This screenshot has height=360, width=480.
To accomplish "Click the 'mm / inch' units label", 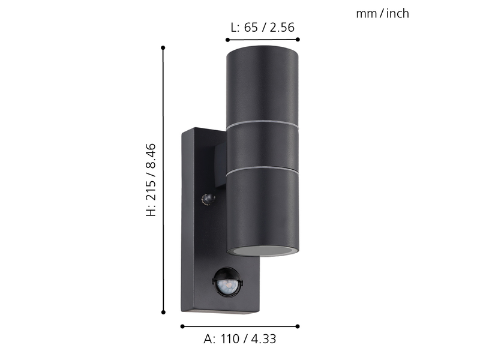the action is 382,14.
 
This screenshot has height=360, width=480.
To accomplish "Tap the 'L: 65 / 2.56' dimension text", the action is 262,28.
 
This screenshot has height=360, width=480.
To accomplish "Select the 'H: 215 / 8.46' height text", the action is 151,180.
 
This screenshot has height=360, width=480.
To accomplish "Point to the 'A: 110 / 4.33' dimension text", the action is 239,339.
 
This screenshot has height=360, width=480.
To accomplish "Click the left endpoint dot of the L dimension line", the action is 227,40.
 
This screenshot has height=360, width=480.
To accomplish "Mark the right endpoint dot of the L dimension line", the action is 298,40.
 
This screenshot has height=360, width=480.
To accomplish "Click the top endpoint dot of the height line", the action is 163,48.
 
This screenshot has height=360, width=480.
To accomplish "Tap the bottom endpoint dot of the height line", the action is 163,312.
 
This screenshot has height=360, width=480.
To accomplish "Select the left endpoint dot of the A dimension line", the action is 182,326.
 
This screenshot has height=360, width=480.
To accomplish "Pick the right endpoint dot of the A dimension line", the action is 298,326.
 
